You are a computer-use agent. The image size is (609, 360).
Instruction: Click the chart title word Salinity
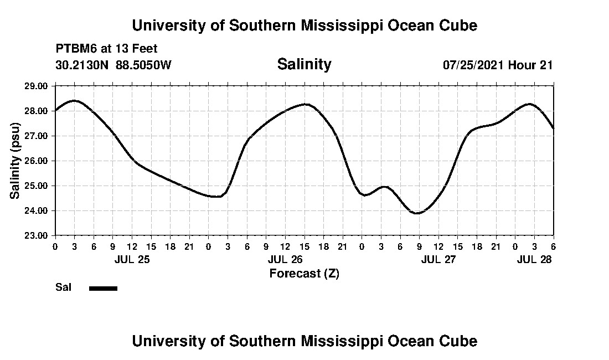tap(304, 64)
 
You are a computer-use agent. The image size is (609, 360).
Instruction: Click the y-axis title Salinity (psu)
tap(16, 161)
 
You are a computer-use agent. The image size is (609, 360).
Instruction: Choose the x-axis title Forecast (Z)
tap(304, 273)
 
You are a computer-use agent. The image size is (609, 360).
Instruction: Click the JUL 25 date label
tap(132, 259)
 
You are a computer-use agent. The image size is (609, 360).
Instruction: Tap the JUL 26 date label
tap(285, 259)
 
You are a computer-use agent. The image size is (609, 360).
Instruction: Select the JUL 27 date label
tap(438, 259)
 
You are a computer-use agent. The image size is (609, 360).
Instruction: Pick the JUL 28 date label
tap(534, 259)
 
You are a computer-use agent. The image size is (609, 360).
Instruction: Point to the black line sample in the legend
tap(103, 288)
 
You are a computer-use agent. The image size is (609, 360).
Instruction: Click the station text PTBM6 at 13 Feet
tap(107, 49)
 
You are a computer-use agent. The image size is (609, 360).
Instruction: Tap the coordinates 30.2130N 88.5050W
tap(113, 65)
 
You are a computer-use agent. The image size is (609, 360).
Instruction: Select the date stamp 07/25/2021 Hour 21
tap(498, 65)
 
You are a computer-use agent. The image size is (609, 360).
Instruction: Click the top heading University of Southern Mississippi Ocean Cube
tap(304, 25)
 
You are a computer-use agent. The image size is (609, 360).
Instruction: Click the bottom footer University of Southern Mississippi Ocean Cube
tap(304, 341)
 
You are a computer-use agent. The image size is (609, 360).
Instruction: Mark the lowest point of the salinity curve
tap(417, 213)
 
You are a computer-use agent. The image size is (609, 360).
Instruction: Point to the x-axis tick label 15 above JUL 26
tap(304, 246)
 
